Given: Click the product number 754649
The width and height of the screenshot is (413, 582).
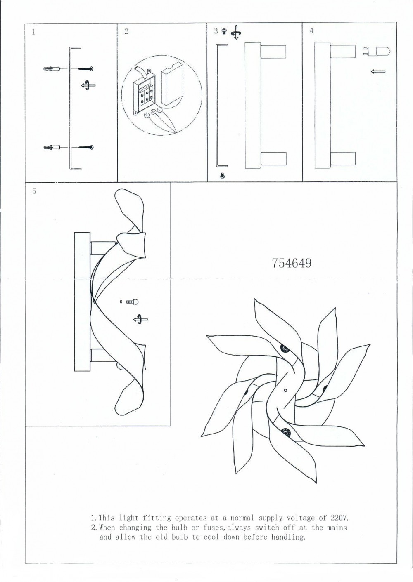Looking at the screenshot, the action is click(292, 263).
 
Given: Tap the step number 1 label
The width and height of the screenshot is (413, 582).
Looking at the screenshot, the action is click(33, 32).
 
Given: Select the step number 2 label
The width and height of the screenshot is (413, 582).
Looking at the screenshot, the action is click(126, 32).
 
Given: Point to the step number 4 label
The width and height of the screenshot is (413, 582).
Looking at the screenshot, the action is click(311, 31).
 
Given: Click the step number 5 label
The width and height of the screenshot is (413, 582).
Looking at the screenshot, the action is click(34, 191).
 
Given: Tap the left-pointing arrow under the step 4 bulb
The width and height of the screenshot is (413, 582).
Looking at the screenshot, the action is click(378, 71).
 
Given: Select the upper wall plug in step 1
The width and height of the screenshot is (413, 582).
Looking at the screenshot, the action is click(52, 69).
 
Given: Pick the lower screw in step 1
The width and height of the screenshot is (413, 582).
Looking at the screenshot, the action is click(86, 148).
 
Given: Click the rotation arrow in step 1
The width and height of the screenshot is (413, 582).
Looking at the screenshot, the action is click(88, 85).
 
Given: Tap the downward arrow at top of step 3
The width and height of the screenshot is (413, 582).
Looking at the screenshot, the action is click(236, 32).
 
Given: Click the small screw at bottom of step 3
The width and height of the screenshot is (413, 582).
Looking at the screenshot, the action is click(222, 176).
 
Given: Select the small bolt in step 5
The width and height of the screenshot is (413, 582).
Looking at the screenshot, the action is click(133, 302).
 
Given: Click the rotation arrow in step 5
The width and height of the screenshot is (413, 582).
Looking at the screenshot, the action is click(140, 319).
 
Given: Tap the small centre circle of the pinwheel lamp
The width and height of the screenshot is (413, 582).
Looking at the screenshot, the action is click(285, 390).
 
